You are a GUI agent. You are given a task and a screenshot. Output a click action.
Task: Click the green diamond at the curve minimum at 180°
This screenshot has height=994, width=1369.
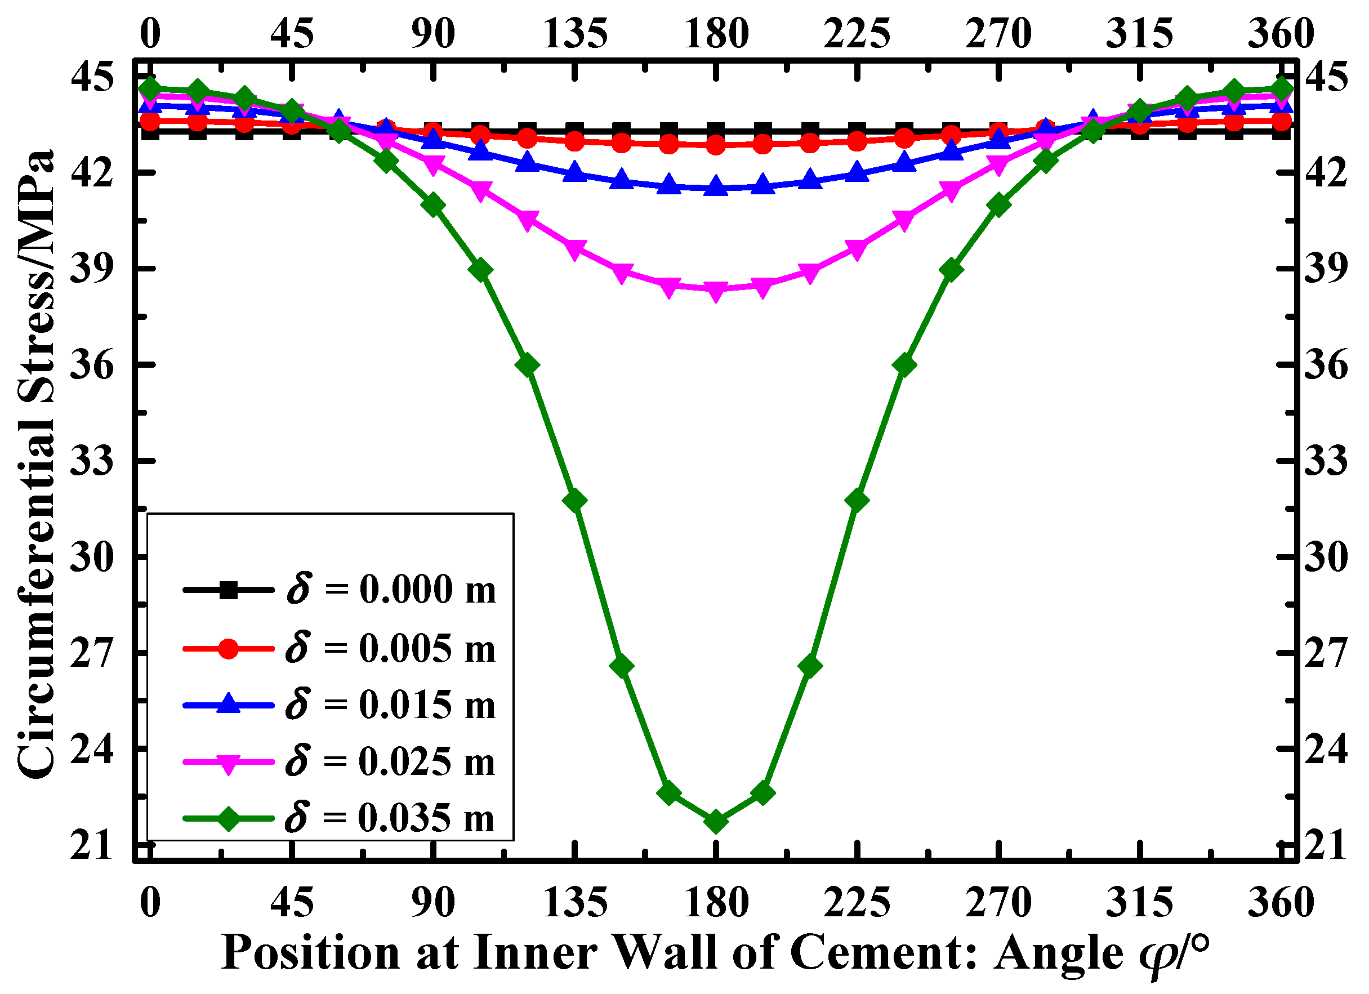(716, 822)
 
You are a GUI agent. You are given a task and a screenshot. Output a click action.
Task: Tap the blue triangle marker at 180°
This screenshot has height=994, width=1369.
(716, 187)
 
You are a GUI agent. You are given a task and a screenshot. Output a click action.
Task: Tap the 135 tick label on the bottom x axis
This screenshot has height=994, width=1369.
(574, 903)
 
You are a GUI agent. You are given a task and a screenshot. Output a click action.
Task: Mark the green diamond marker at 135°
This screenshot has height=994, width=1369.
(574, 501)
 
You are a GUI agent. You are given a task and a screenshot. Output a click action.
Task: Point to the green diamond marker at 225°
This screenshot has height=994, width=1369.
(857, 501)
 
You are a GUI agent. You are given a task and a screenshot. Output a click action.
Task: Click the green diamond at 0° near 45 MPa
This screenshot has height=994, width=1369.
(150, 89)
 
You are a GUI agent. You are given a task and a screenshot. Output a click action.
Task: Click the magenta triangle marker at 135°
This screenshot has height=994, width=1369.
(574, 249)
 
